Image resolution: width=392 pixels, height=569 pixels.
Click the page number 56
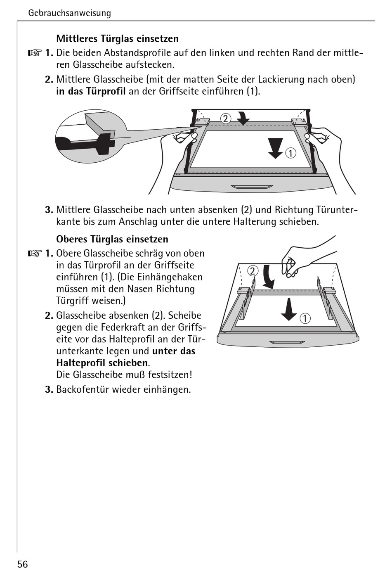(23, 564)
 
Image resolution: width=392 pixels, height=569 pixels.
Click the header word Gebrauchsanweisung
(69, 13)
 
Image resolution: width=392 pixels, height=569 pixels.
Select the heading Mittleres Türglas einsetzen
(117, 39)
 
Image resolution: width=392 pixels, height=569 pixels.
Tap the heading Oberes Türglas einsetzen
(112, 239)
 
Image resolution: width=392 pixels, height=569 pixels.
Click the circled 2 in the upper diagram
(225, 119)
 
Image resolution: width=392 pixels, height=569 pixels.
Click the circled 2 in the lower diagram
(253, 271)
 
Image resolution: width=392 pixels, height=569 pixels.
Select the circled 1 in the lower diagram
(305, 318)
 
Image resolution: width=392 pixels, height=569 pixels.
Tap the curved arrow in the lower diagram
(269, 277)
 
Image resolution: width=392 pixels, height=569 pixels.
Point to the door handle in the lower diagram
(287, 343)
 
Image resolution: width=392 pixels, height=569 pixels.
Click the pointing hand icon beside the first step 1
(35, 53)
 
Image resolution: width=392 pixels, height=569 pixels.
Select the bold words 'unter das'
(174, 351)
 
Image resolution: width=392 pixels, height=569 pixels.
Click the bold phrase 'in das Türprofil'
(91, 91)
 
